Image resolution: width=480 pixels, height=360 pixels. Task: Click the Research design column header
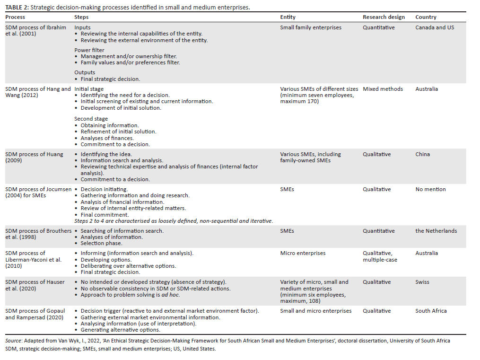click(x=384, y=17)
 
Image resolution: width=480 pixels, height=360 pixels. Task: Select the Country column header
click(x=426, y=17)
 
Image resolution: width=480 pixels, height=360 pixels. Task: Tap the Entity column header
click(x=288, y=17)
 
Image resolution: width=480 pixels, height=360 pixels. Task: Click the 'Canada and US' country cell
click(x=434, y=27)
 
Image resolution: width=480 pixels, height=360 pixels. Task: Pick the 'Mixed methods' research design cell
click(x=383, y=89)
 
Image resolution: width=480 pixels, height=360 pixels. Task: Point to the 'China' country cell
click(x=423, y=154)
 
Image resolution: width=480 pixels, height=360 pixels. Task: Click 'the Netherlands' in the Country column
click(x=436, y=231)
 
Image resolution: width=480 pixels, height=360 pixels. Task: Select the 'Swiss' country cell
click(x=422, y=282)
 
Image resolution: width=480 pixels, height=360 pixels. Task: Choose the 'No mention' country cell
click(x=430, y=189)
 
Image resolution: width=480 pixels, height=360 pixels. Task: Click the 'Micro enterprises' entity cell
click(x=303, y=253)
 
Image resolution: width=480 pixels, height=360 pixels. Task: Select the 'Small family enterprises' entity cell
click(x=310, y=27)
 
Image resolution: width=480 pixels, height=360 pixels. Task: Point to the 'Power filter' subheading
click(x=89, y=50)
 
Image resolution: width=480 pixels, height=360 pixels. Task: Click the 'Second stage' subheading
click(x=91, y=119)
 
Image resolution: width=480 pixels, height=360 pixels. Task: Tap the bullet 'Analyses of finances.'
click(x=107, y=138)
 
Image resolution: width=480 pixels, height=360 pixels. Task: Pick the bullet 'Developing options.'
click(x=106, y=260)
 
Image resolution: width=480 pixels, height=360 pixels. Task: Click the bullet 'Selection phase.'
click(x=101, y=243)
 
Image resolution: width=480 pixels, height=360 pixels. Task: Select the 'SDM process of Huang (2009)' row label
click(x=34, y=158)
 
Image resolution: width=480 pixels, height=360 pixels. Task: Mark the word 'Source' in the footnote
click(x=13, y=341)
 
